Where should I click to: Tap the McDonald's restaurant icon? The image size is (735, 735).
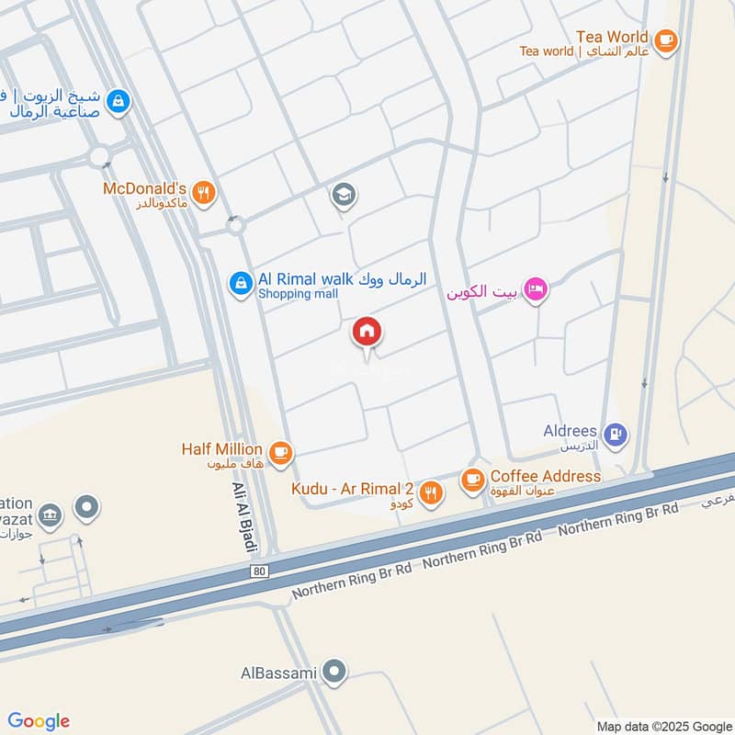[205, 192]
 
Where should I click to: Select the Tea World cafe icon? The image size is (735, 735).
[666, 39]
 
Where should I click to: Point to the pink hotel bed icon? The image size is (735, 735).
[538, 290]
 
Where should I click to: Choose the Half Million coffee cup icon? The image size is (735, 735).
[281, 451]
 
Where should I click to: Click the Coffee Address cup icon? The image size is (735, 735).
[472, 479]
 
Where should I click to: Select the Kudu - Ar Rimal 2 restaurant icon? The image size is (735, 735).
[431, 492]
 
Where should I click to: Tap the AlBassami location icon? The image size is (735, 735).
[336, 672]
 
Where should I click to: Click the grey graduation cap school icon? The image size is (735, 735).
[345, 196]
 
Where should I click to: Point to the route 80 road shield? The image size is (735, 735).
[262, 571]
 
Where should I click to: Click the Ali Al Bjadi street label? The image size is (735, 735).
[243, 517]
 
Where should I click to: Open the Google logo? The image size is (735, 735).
[39, 720]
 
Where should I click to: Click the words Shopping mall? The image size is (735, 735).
[298, 294]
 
